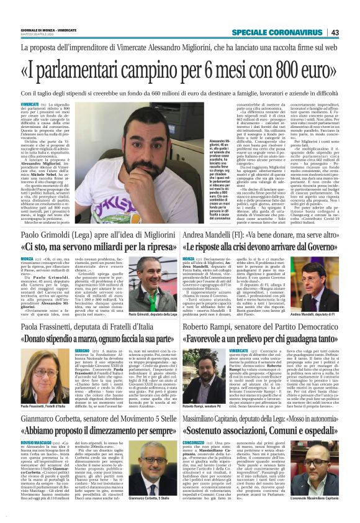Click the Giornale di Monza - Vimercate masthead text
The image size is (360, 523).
[x=44, y=30]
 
